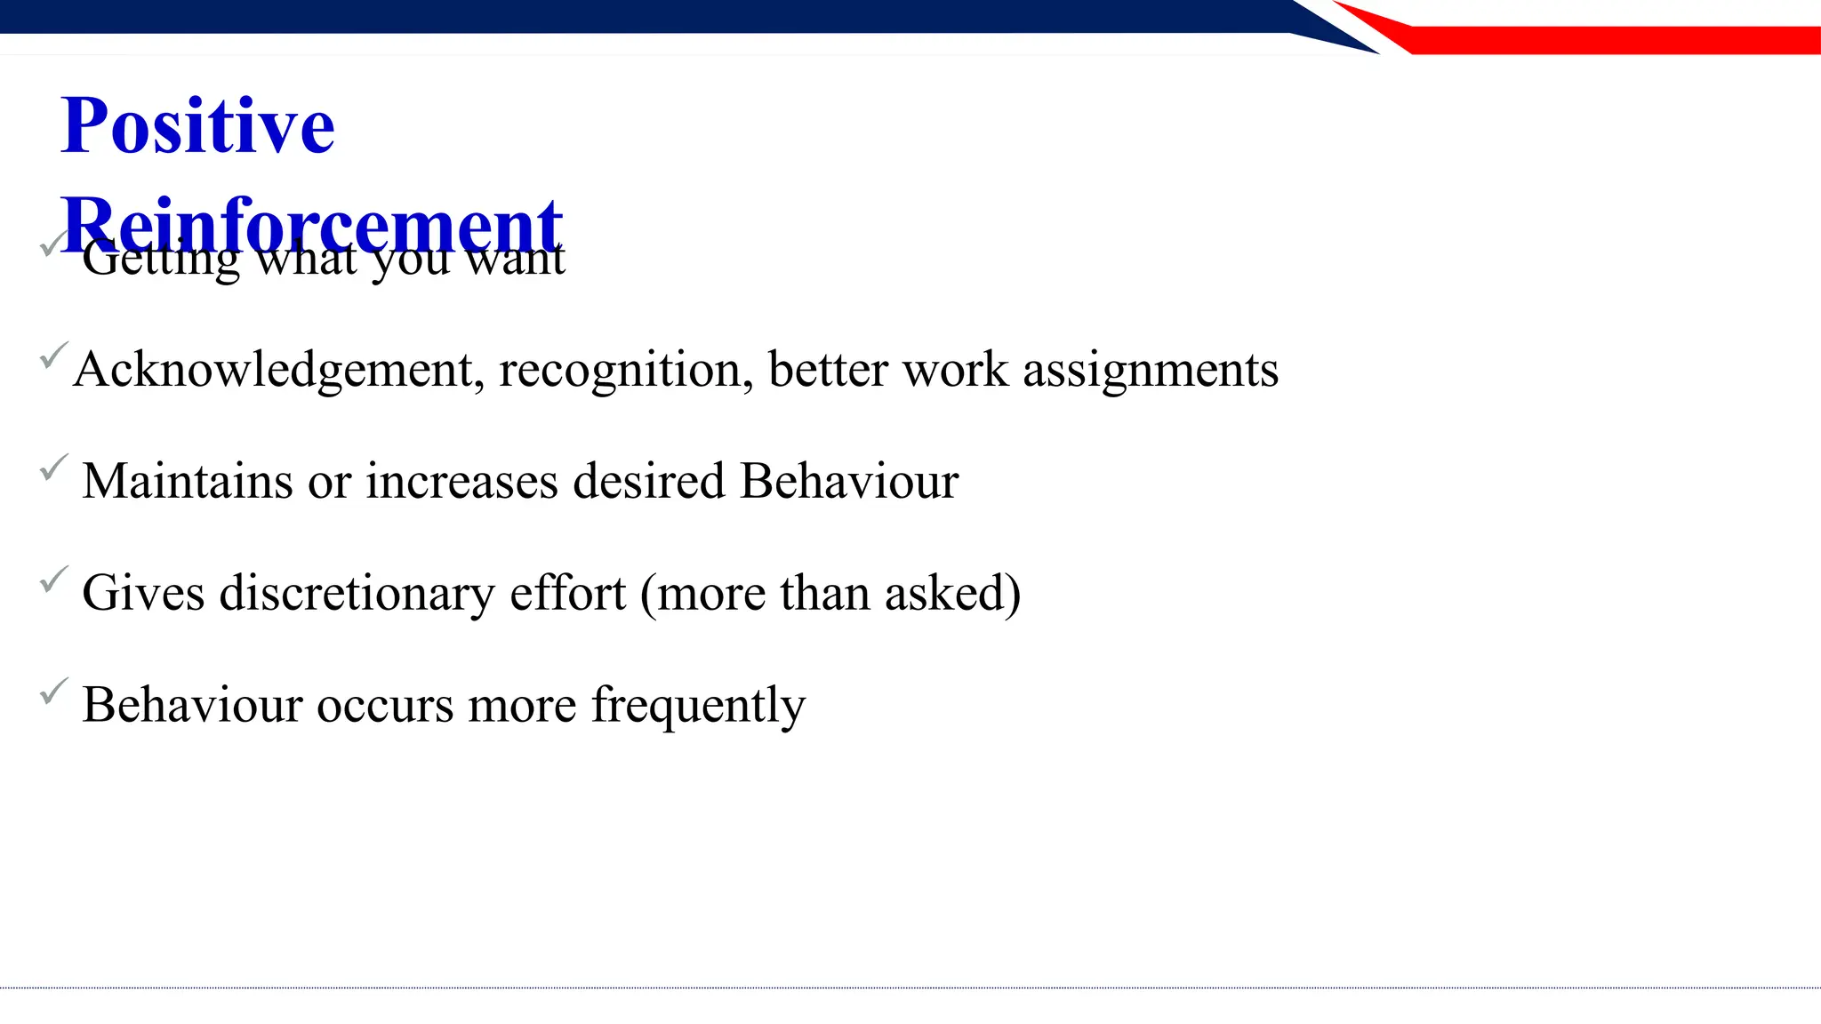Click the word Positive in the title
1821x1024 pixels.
tap(197, 126)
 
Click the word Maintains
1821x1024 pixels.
tap(188, 482)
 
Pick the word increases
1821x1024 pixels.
tap(462, 482)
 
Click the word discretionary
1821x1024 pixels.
tap(357, 593)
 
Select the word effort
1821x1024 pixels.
tap(567, 593)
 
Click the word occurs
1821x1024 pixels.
tap(385, 705)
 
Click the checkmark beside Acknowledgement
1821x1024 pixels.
tap(53, 356)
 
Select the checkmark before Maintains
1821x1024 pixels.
tap(53, 468)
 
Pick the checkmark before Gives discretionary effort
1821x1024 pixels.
tap(53, 580)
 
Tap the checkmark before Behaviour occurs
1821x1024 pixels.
tap(53, 691)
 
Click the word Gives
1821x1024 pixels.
tap(143, 593)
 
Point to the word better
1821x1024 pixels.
tap(828, 370)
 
